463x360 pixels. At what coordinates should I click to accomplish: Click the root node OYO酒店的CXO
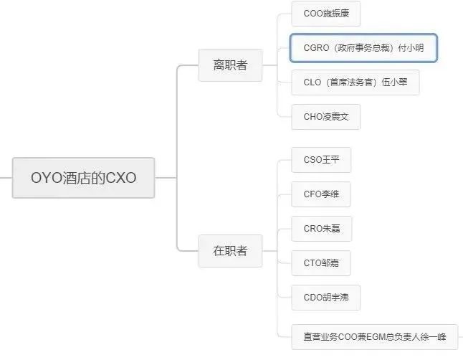(x=83, y=177)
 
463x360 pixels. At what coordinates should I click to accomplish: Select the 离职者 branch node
(x=230, y=65)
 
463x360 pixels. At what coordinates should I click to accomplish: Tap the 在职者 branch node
(x=230, y=251)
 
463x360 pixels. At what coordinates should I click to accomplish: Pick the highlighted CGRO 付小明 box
(x=363, y=49)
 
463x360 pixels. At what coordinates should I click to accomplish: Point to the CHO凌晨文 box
(x=326, y=117)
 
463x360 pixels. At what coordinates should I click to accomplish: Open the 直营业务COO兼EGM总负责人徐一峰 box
(x=375, y=336)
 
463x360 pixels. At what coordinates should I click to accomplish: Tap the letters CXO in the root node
(x=121, y=178)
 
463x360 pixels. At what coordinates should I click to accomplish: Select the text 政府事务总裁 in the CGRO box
(x=359, y=49)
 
